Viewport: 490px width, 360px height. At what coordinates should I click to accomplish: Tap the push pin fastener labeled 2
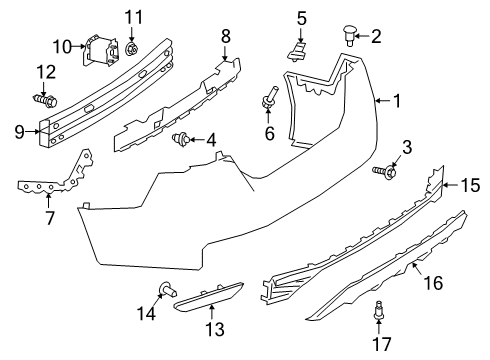(349, 38)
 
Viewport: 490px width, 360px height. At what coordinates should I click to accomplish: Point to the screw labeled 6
(268, 98)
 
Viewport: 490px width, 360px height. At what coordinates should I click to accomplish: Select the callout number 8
(225, 36)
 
